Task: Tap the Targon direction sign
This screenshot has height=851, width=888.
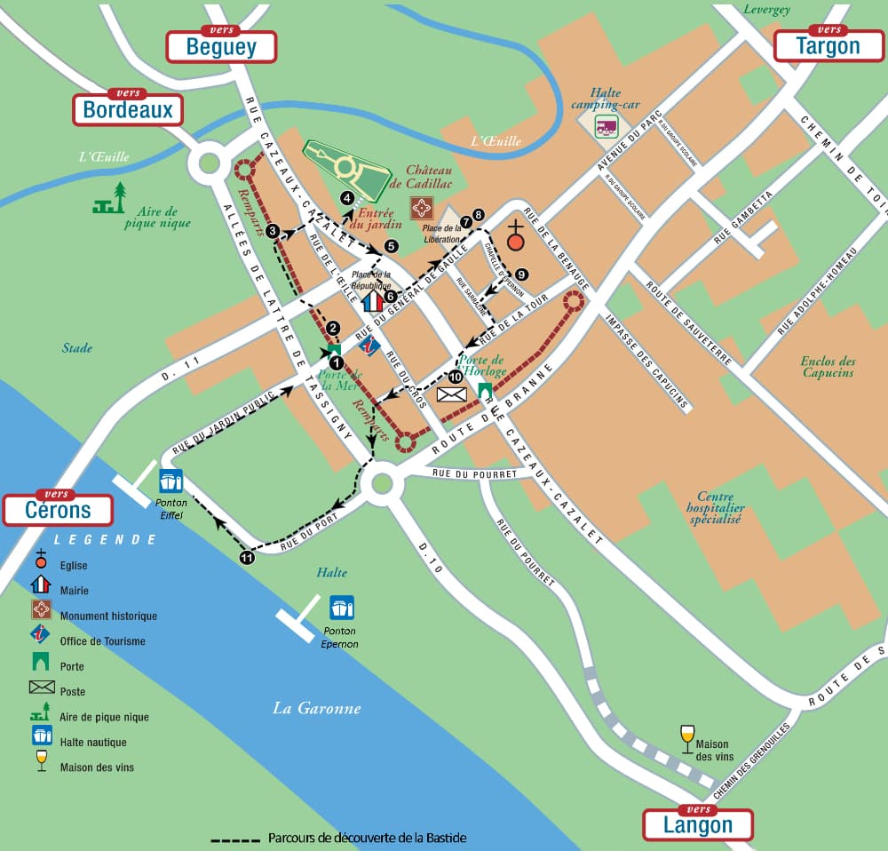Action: tap(829, 44)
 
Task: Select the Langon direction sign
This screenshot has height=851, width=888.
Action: tap(698, 823)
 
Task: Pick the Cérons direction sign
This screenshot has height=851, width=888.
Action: tap(58, 509)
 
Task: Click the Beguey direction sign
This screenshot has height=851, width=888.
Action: tap(221, 45)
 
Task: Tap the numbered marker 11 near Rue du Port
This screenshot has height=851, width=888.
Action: tap(247, 557)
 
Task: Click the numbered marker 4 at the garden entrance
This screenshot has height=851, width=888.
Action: tap(347, 199)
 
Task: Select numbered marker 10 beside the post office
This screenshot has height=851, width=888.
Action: tap(456, 377)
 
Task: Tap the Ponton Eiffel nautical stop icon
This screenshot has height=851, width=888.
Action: tap(171, 481)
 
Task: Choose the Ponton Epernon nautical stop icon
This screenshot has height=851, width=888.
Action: tap(342, 608)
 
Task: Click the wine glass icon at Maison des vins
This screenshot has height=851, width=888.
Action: tap(686, 736)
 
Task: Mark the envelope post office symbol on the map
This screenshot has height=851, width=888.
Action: tap(451, 394)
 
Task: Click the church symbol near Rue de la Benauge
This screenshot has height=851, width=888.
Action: tap(515, 235)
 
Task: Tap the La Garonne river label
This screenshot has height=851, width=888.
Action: tap(316, 708)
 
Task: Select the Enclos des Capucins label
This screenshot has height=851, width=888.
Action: tap(828, 367)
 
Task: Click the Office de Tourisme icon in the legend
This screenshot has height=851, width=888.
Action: tap(41, 640)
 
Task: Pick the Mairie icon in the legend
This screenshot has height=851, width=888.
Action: tap(41, 590)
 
